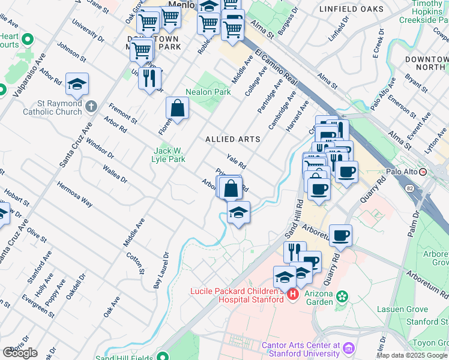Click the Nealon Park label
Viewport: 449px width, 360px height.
coord(208,92)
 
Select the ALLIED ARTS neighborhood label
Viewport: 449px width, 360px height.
coord(233,139)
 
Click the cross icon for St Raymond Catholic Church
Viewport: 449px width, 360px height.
coord(91,106)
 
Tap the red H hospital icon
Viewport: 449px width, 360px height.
coord(292,294)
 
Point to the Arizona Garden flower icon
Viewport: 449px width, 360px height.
coord(342,296)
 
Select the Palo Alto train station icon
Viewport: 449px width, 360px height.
coord(423,172)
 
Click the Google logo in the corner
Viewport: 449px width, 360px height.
coord(20,353)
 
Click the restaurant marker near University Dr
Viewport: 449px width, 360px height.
coord(149,78)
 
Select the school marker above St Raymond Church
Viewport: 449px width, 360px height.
coord(77,85)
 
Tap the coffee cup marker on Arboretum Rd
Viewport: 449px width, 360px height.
coord(340,235)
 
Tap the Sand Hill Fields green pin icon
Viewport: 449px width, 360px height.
coord(161,355)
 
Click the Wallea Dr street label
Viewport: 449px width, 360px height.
coord(115,174)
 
